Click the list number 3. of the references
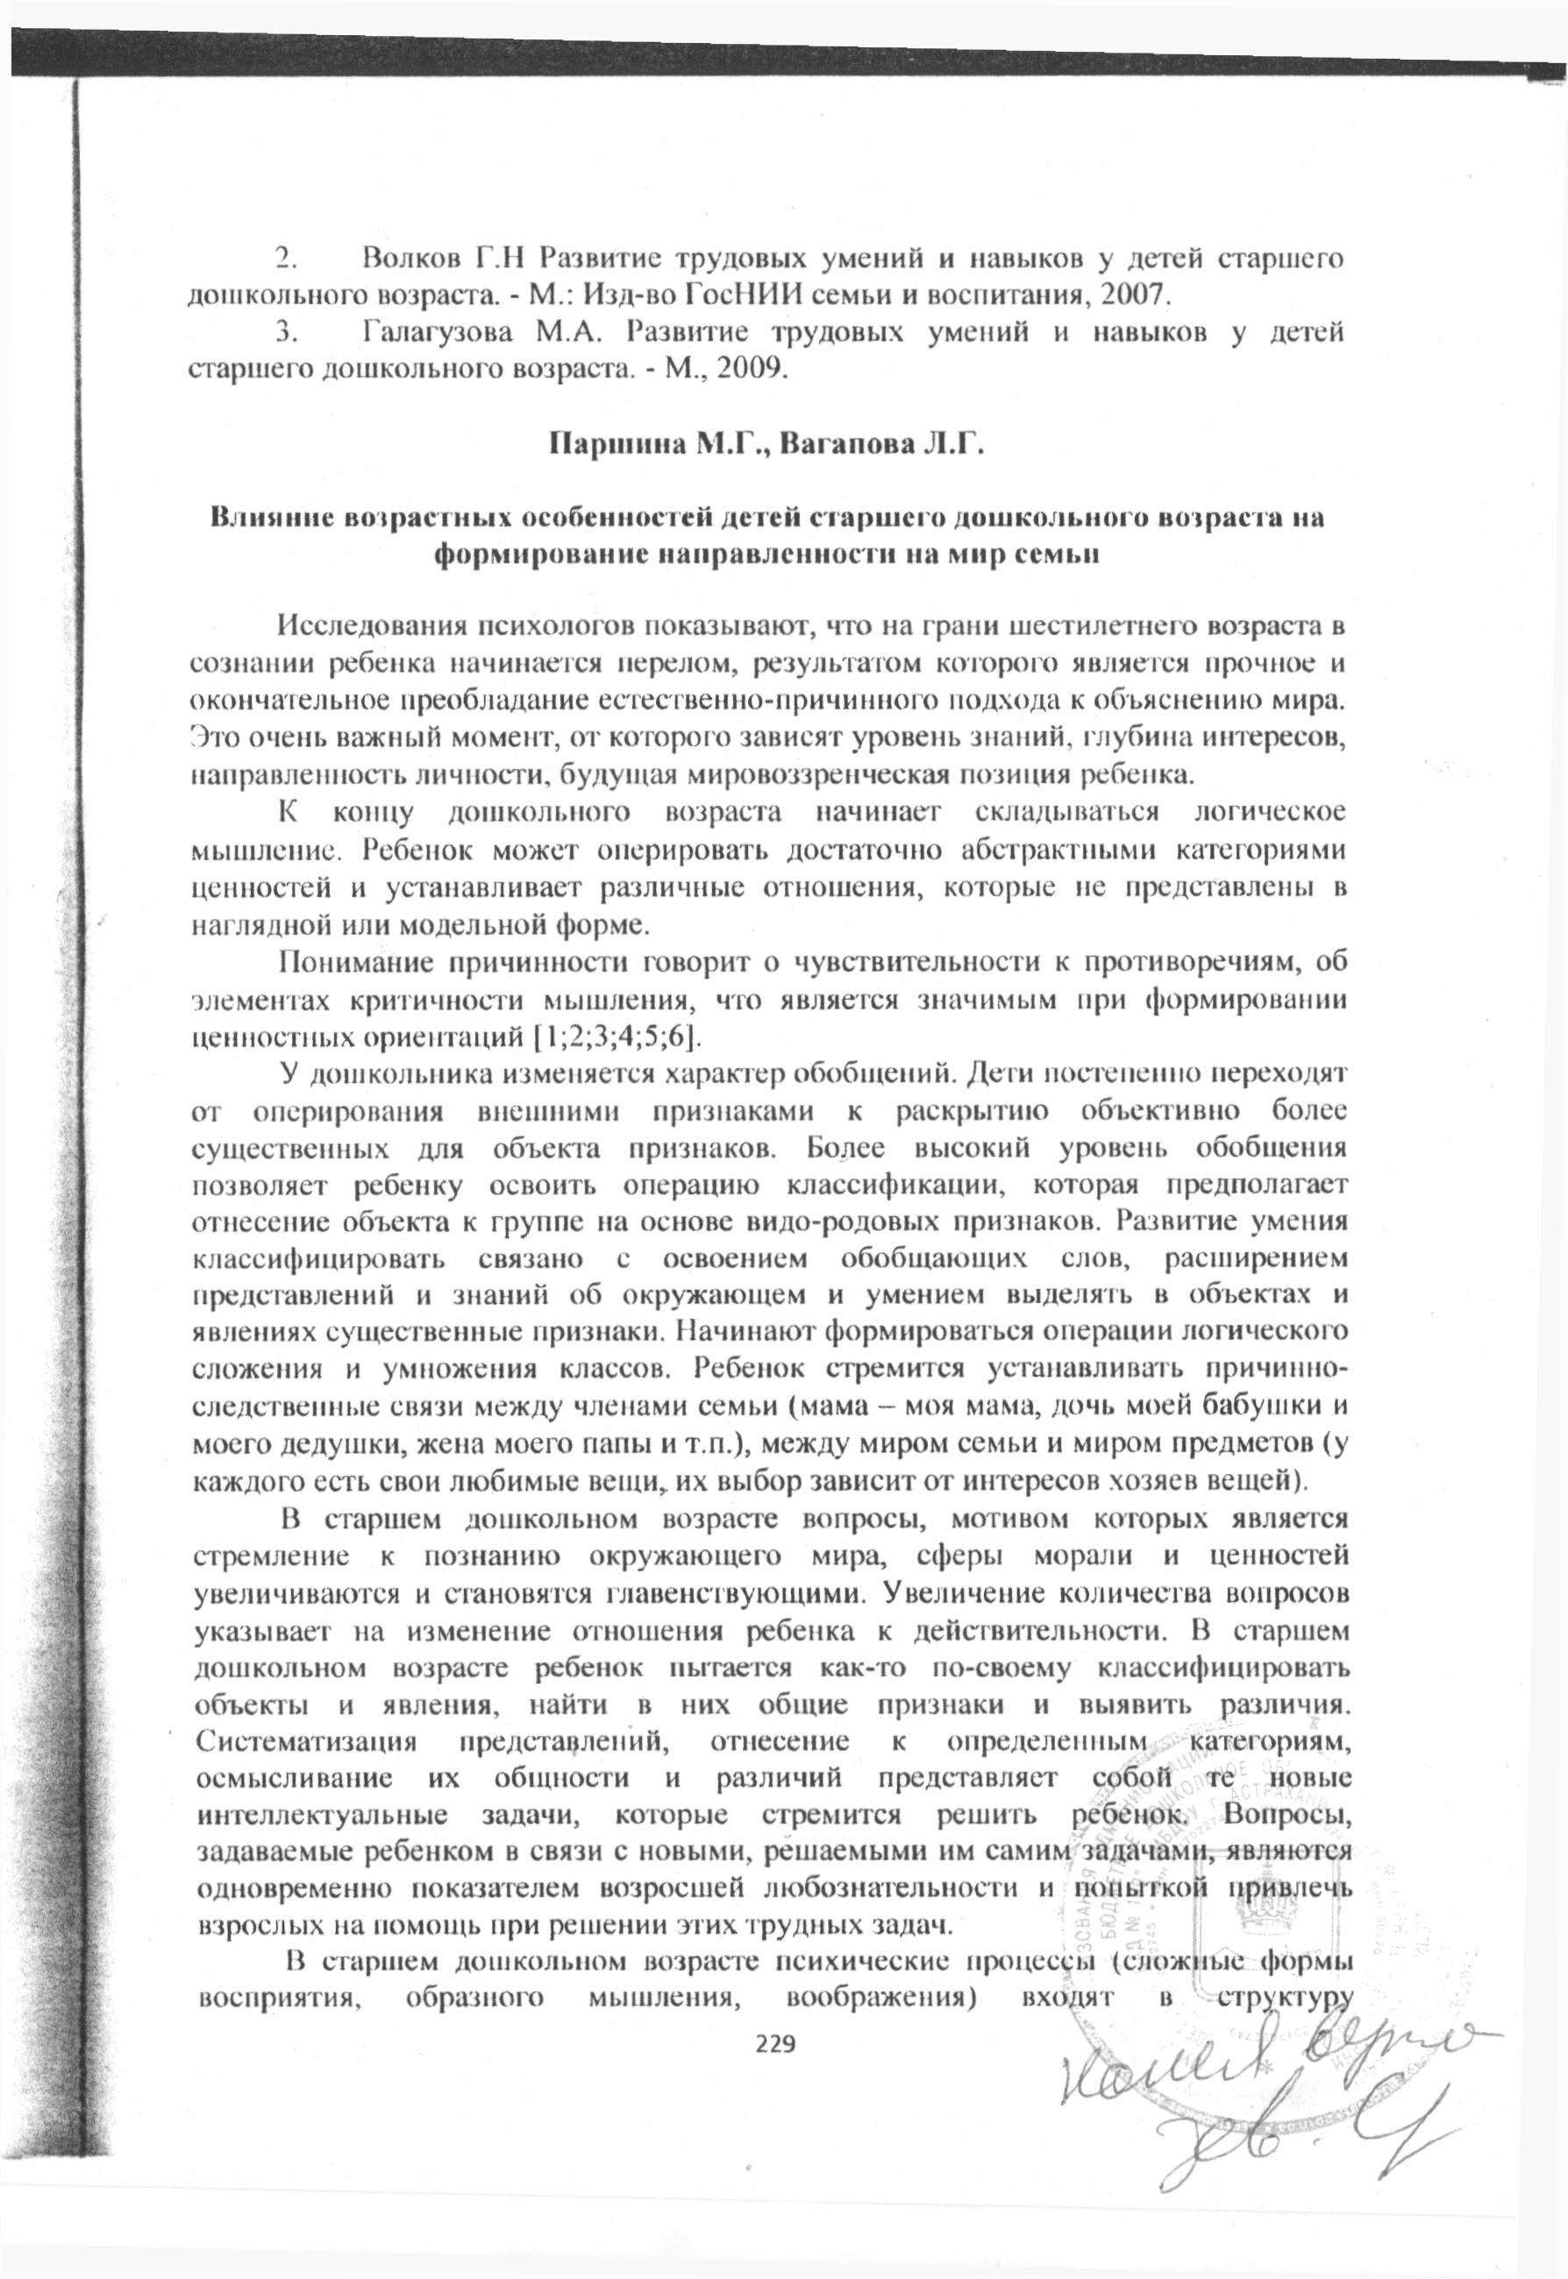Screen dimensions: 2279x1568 click(287, 333)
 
